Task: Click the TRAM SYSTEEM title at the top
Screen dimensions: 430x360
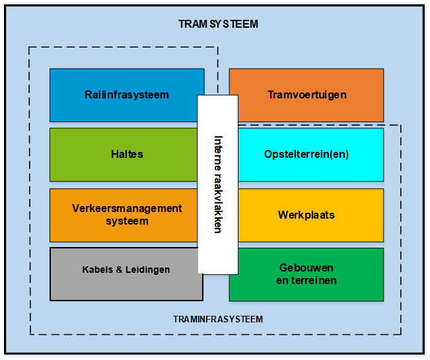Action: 218,24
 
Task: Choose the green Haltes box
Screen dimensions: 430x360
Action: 124,155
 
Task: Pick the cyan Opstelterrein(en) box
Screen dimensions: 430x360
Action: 310,155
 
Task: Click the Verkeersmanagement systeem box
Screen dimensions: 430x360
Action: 124,215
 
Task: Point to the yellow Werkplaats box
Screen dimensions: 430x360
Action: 310,215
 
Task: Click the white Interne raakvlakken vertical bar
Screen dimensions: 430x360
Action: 218,184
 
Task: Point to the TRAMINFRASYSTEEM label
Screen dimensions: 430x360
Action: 218,319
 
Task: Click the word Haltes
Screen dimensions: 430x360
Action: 127,154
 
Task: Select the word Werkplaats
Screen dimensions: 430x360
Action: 306,215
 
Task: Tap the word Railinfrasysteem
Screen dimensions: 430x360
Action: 127,95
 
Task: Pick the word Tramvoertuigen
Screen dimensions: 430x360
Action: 307,95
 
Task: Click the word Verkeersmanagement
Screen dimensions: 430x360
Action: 127,209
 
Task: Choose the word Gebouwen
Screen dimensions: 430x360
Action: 306,268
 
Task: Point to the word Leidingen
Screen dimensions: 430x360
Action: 147,270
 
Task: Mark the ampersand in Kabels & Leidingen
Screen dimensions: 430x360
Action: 119,270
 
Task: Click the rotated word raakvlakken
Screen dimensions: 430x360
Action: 218,203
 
